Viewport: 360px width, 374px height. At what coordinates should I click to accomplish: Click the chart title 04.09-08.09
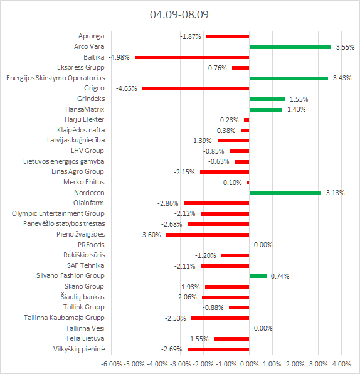pos(179,14)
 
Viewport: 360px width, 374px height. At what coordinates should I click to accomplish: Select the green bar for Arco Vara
pos(290,47)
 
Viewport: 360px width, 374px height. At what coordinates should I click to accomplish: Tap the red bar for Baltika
pos(192,57)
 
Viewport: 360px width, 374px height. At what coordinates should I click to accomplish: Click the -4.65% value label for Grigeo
pos(126,88)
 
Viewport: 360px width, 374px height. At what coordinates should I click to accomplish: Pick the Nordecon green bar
pos(285,193)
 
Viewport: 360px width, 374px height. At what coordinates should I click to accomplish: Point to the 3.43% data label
pos(342,78)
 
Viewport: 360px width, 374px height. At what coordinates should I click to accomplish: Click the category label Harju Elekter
pos(85,119)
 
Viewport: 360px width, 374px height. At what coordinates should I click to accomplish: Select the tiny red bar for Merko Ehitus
pos(248,183)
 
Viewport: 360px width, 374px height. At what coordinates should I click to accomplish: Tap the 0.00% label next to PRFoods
pos(263,245)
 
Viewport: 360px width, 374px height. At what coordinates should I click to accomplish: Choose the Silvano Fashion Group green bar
pos(258,276)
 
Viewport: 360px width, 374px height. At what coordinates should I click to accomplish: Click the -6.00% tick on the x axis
pos(112,364)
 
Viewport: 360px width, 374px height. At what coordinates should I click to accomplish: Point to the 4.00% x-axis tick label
pos(341,364)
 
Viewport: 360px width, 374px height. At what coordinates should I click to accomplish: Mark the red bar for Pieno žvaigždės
pos(208,235)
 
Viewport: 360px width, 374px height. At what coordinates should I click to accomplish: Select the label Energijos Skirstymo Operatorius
pos(56,78)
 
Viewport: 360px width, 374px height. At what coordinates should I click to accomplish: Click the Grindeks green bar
pos(267,99)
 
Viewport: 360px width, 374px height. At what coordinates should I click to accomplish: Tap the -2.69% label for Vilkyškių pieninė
pos(172,349)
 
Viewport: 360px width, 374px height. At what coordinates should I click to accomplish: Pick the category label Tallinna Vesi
pos(85,328)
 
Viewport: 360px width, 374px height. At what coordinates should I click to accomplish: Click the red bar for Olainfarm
pos(216,203)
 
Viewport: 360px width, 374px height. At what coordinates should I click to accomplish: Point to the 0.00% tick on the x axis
pos(249,364)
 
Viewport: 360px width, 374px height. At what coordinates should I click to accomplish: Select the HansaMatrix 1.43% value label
pos(297,109)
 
